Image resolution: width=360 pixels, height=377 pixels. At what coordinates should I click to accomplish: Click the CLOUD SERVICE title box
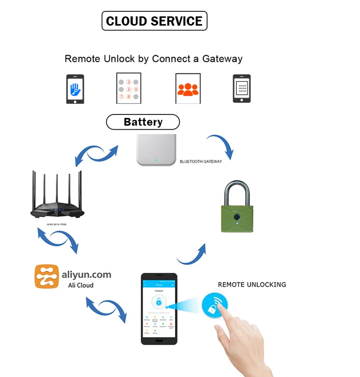(154, 21)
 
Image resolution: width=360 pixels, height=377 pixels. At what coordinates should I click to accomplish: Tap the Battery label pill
(143, 122)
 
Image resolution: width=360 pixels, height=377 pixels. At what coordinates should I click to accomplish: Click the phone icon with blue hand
(75, 89)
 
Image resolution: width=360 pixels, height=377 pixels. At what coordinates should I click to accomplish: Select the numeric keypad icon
(129, 88)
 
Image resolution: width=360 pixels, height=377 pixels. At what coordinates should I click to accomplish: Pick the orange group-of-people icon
(188, 89)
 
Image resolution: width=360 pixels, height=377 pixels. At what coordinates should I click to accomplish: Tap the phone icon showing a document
(242, 89)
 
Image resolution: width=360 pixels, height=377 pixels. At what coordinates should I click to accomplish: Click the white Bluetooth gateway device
(156, 150)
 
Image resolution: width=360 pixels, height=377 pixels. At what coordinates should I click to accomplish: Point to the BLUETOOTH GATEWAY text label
(201, 161)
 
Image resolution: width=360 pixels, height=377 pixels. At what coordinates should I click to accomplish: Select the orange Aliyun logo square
(47, 276)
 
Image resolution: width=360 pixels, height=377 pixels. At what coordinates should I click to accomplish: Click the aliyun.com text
(87, 274)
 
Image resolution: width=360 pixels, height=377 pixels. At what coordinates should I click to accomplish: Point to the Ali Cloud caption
(80, 285)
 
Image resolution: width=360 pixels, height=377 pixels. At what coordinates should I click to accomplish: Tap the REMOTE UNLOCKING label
(252, 285)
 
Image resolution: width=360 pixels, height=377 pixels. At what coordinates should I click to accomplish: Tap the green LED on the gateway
(156, 160)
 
